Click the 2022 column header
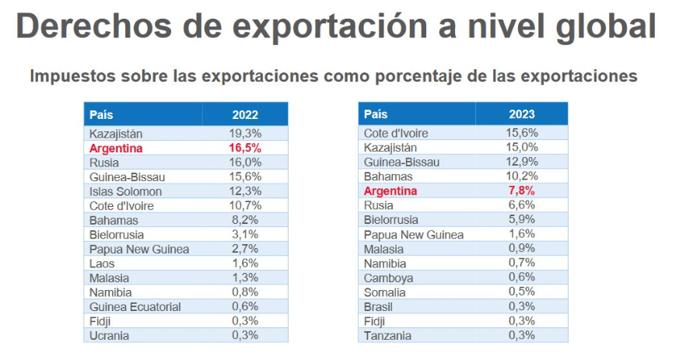245,114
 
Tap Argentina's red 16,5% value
245,148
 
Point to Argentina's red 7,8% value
521,191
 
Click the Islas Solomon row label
125,191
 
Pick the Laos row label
102,264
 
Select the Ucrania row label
110,336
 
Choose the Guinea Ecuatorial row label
135,307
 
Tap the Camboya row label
388,278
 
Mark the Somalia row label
385,292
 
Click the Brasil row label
380,307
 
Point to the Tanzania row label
388,336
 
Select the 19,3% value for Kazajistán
245,134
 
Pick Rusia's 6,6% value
521,205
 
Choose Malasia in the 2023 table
384,250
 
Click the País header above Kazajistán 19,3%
101,114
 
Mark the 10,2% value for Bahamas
521,177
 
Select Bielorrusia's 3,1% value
245,235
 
